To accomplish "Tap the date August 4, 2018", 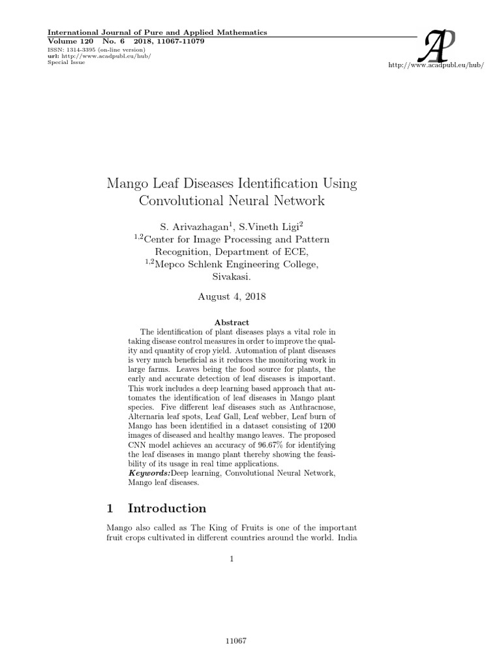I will click(x=232, y=295).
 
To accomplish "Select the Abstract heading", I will click(x=232, y=322).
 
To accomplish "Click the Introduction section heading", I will click(x=167, y=508).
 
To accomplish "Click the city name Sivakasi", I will click(x=232, y=277).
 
